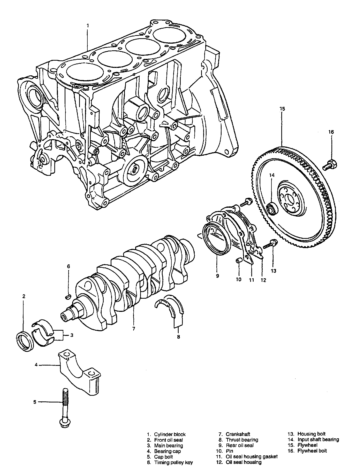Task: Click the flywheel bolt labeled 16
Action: [x=330, y=165]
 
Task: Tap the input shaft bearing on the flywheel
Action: [x=272, y=209]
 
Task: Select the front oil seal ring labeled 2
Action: [x=25, y=342]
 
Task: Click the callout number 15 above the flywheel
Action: [x=282, y=109]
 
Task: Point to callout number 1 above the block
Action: [x=88, y=26]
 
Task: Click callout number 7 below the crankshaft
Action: [x=133, y=329]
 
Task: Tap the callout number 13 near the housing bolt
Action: [x=274, y=271]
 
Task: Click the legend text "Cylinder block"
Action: [x=170, y=434]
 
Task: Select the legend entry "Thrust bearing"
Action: [x=242, y=440]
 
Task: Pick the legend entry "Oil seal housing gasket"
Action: [x=252, y=457]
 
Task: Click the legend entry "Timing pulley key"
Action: [x=173, y=462]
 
